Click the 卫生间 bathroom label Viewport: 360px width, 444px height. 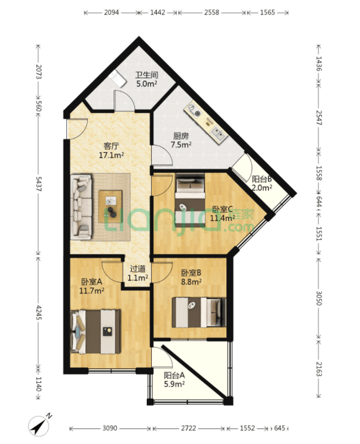tap(146, 76)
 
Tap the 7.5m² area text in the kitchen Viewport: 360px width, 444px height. tap(181, 145)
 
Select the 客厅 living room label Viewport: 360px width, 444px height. tap(111, 146)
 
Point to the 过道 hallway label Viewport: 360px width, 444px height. tap(138, 269)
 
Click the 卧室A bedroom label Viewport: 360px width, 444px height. tap(92, 282)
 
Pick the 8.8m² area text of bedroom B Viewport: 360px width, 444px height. tap(192, 282)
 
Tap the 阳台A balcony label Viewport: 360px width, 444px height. tap(174, 376)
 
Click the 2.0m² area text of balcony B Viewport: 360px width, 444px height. tap(262, 188)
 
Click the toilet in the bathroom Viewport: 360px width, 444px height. tap(118, 78)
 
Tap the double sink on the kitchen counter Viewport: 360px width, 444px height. tap(219, 134)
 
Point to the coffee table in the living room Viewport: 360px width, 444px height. tap(110, 206)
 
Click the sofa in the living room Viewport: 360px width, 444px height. tap(81, 206)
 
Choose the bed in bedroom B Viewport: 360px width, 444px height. tap(199, 312)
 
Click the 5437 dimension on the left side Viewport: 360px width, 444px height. tap(39, 184)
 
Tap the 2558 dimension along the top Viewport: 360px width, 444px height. tap(211, 13)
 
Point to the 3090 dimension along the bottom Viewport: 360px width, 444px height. tap(110, 428)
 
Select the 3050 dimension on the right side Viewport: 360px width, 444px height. tap(319, 298)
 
